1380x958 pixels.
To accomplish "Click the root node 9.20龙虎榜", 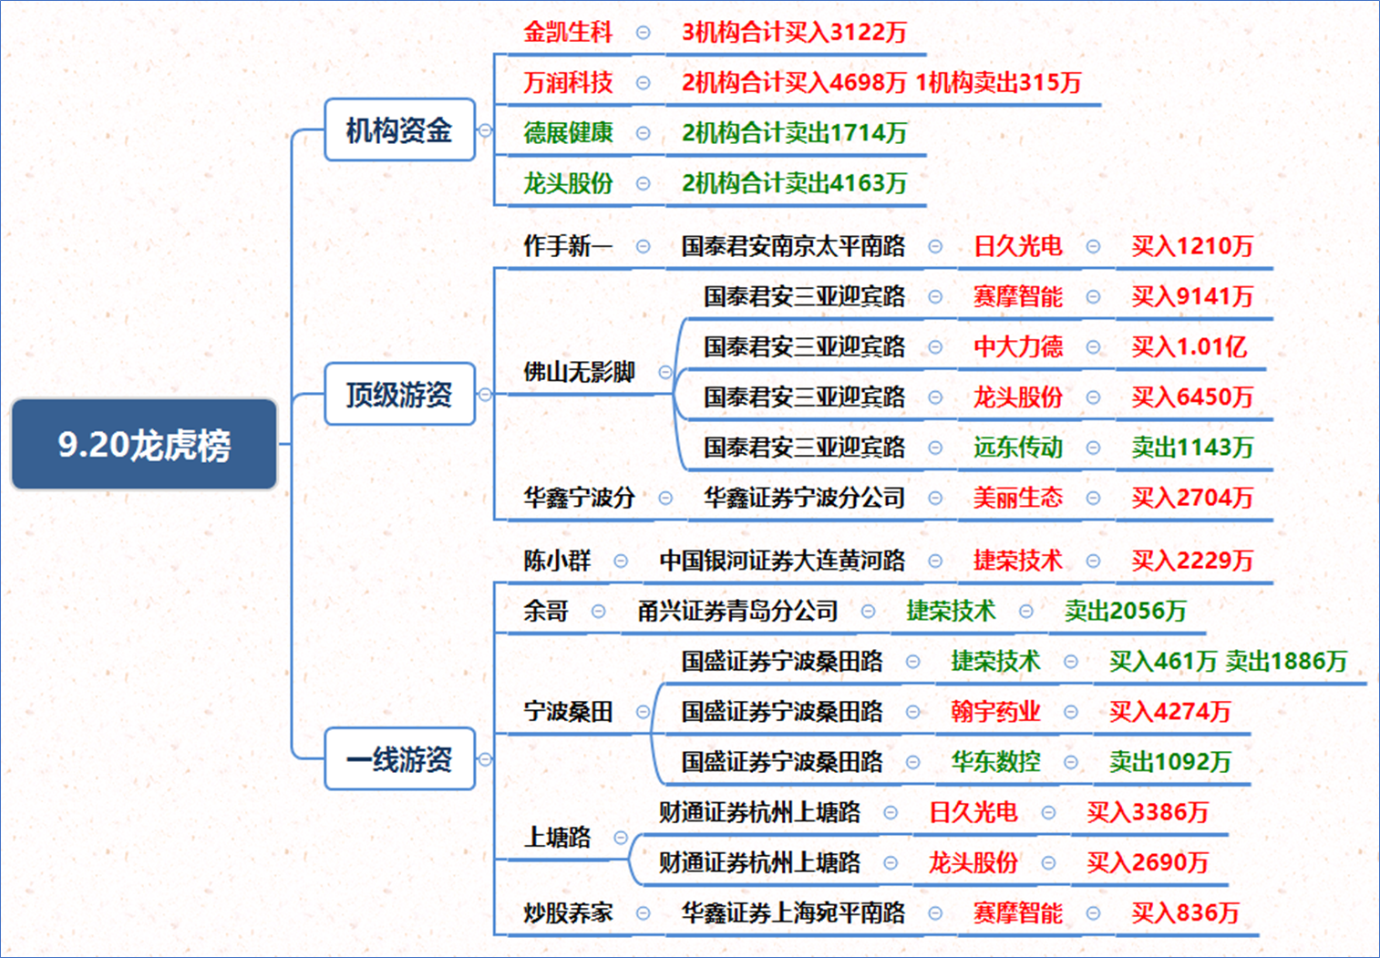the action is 144,444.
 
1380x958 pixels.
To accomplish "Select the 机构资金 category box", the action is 400,130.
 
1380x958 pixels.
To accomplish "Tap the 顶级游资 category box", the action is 400,395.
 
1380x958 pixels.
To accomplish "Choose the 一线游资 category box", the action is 400,759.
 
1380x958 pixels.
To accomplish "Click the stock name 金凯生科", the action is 568,32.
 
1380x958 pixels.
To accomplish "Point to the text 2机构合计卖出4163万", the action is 794,183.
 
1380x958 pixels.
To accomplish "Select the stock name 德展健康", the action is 568,132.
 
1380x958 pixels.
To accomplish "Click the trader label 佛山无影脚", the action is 579,372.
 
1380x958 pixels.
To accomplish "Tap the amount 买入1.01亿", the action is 1189,347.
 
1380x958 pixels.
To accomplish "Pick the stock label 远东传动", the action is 1018,448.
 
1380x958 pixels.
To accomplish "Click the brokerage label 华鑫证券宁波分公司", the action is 805,498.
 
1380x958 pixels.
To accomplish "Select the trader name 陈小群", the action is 557,561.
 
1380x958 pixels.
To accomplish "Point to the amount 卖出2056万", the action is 1125,611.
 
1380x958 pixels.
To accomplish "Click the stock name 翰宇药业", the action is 995,712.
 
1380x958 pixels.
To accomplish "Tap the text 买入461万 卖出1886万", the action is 1229,662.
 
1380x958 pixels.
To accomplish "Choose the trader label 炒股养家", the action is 568,913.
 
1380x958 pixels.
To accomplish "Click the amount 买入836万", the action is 1185,913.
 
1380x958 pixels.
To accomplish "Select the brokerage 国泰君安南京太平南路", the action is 794,246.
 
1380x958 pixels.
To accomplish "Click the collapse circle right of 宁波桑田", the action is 643,712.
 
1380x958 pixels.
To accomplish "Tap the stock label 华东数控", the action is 995,762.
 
